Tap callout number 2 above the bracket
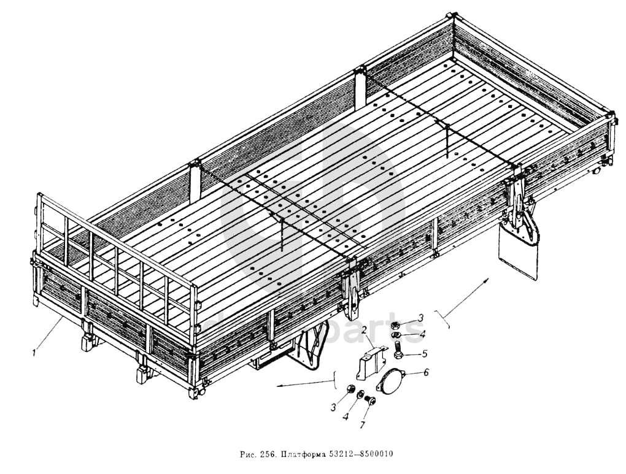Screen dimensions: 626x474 pyautogui.click(x=363, y=331)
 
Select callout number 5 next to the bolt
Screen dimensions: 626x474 pyautogui.click(x=423, y=353)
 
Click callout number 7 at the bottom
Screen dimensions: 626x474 pyautogui.click(x=364, y=424)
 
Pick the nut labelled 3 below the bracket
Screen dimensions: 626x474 pyautogui.click(x=350, y=389)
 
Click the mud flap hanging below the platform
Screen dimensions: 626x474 pyautogui.click(x=519, y=252)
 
